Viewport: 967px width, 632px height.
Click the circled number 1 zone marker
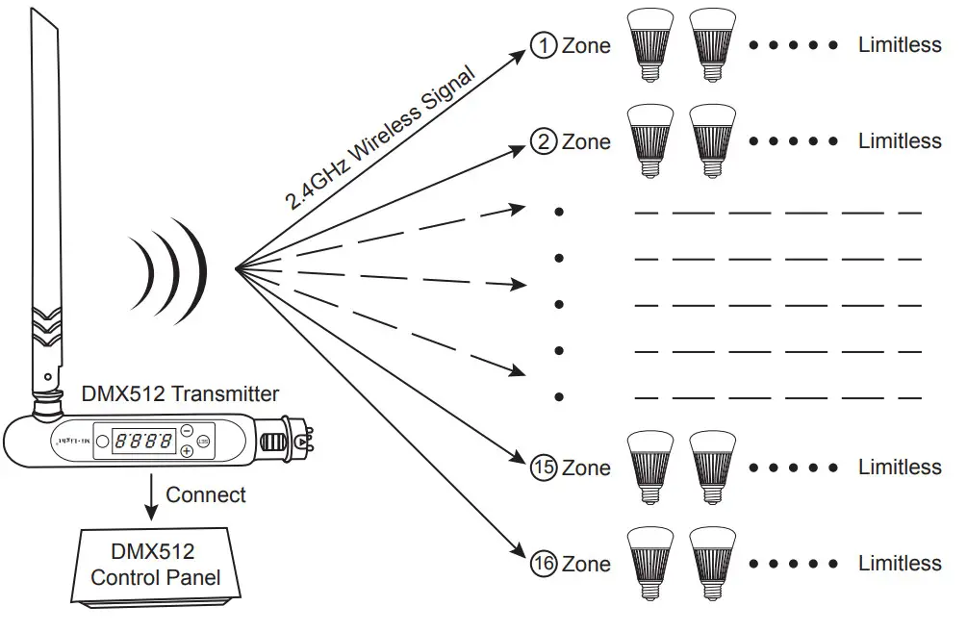tap(544, 45)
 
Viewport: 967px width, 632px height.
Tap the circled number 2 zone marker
tap(544, 141)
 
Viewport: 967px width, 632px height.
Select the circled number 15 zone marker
tap(544, 468)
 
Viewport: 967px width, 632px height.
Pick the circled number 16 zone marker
tap(544, 563)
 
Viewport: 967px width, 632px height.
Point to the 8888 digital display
tap(144, 442)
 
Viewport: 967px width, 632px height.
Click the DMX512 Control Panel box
tap(155, 565)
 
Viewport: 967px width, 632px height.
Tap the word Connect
tap(205, 494)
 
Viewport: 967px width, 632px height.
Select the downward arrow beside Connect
tap(151, 495)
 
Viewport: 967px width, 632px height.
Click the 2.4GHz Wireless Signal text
tap(381, 136)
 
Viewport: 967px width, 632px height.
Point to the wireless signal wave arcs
tap(173, 268)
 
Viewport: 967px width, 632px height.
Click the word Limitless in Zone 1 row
tap(900, 45)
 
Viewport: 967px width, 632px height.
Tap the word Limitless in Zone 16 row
tap(900, 563)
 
